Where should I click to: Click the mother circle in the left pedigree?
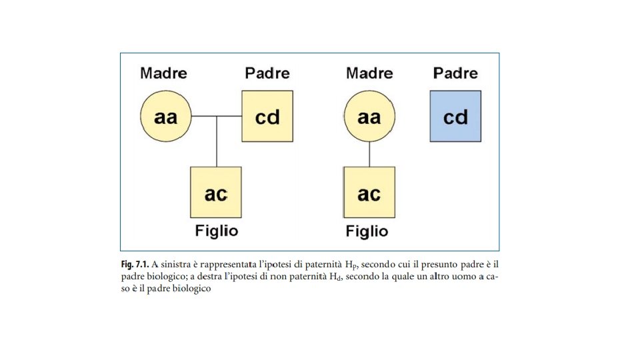[x=166, y=117]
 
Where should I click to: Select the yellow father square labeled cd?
[x=267, y=117]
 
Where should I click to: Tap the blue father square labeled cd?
[x=455, y=117]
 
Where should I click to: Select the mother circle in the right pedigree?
[x=369, y=117]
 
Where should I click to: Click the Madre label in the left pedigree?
[x=163, y=73]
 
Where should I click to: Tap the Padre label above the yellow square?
[x=267, y=73]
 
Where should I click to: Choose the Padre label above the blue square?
[x=455, y=73]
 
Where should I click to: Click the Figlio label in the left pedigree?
[x=216, y=231]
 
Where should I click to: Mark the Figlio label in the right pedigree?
[x=367, y=231]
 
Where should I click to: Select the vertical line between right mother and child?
[x=369, y=155]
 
